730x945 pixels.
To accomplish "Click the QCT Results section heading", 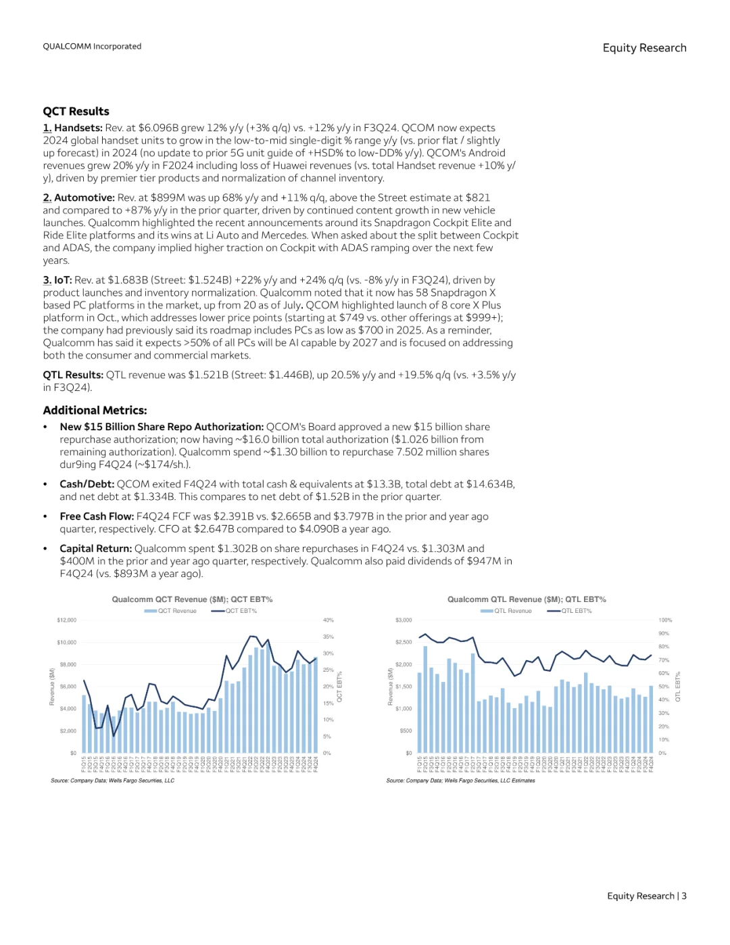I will pyautogui.click(x=76, y=112).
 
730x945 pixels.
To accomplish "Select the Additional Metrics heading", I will pyautogui.click(x=95, y=411).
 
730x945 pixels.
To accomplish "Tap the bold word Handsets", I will pyautogui.click(x=78, y=128).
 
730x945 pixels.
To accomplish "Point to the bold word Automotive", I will pyautogui.click(x=84, y=198).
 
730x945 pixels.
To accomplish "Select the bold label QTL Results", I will pyautogui.click(x=73, y=375).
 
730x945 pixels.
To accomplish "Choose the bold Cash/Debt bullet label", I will pyautogui.click(x=87, y=484).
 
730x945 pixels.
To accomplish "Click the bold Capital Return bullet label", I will pyautogui.click(x=95, y=549).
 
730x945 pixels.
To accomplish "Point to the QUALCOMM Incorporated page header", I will pyautogui.click(x=92, y=47).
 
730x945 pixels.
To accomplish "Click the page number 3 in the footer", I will pyautogui.click(x=684, y=896).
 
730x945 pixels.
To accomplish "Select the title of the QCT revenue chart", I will pyautogui.click(x=192, y=599).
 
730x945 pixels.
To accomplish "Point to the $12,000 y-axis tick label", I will pyautogui.click(x=66, y=620).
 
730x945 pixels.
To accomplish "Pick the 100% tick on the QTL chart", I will pyautogui.click(x=665, y=620).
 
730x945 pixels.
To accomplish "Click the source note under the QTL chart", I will pyautogui.click(x=460, y=781).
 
